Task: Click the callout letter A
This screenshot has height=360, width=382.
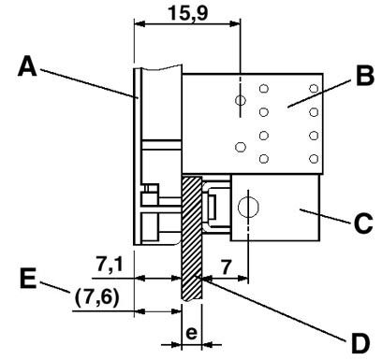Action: tap(27, 66)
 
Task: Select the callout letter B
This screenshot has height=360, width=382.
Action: tap(365, 76)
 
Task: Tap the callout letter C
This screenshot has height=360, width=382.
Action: tap(363, 223)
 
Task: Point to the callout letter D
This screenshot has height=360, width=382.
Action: tap(360, 343)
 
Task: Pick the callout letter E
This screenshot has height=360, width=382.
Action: tap(28, 279)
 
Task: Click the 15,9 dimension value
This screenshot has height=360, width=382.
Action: tap(187, 13)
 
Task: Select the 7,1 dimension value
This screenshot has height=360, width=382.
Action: tap(110, 266)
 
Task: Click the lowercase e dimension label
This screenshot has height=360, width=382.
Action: tap(191, 333)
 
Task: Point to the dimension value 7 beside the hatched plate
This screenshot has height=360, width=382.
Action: tap(227, 266)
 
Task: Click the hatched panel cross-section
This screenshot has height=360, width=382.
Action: tap(191, 238)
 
